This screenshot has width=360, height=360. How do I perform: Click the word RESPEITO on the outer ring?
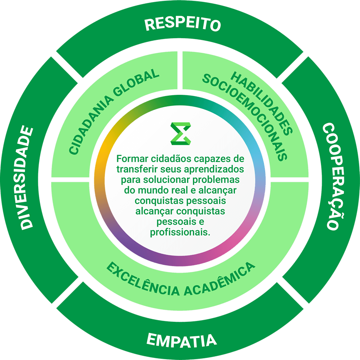coord(182,24)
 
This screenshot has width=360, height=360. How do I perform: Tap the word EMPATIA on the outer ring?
coord(182,340)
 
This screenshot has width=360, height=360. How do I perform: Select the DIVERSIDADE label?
coord(27,178)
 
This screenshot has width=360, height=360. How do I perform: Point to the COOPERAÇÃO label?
coord(333,176)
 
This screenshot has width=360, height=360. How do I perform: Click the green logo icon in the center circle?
coord(181,133)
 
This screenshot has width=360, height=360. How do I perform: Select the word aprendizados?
coord(214,170)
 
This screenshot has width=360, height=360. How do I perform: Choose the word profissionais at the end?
coord(180,232)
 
